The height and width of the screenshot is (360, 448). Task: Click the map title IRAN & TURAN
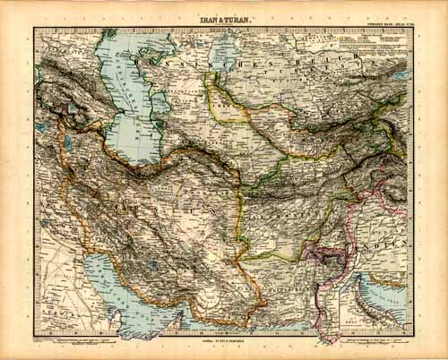point(225,19)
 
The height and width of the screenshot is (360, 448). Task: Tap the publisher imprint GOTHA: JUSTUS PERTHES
point(224,341)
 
